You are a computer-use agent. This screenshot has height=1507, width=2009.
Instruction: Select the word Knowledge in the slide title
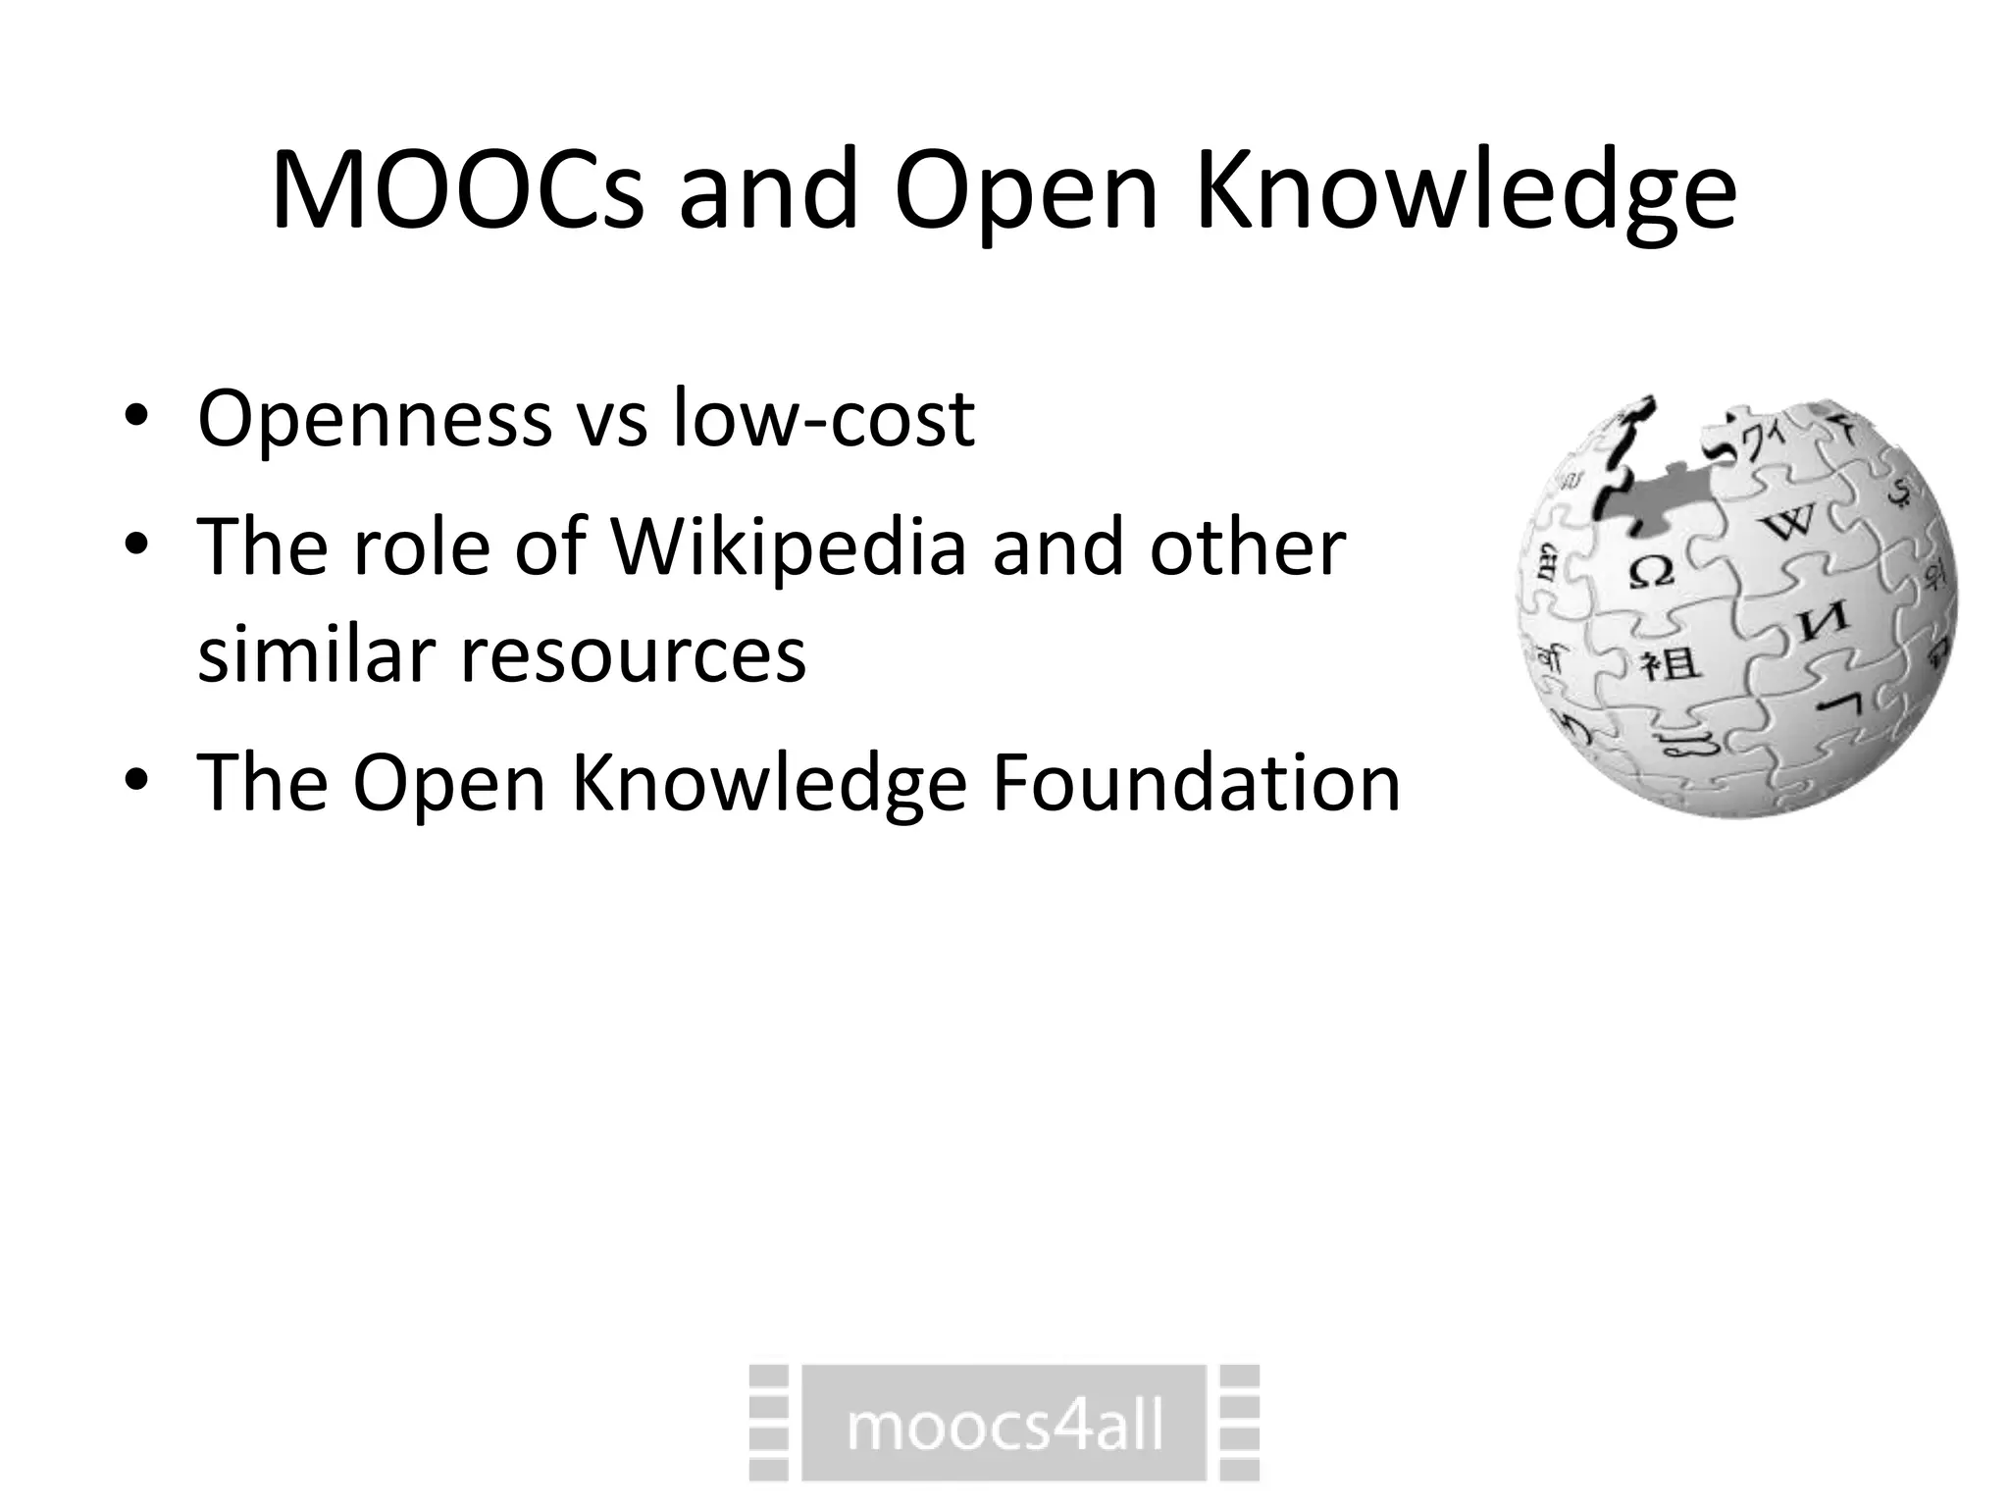pyautogui.click(x=1466, y=191)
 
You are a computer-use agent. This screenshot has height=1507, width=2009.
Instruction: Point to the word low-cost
pyautogui.click(x=824, y=418)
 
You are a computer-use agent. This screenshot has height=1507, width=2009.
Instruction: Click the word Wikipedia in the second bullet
pyautogui.click(x=790, y=547)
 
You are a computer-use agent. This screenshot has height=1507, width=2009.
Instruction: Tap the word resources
pyautogui.click(x=634, y=655)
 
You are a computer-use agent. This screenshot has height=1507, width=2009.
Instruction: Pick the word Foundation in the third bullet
pyautogui.click(x=1196, y=783)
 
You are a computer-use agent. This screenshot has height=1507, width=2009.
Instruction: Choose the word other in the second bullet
pyautogui.click(x=1248, y=546)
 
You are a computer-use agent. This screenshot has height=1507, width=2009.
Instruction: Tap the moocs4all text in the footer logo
pyautogui.click(x=1004, y=1426)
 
